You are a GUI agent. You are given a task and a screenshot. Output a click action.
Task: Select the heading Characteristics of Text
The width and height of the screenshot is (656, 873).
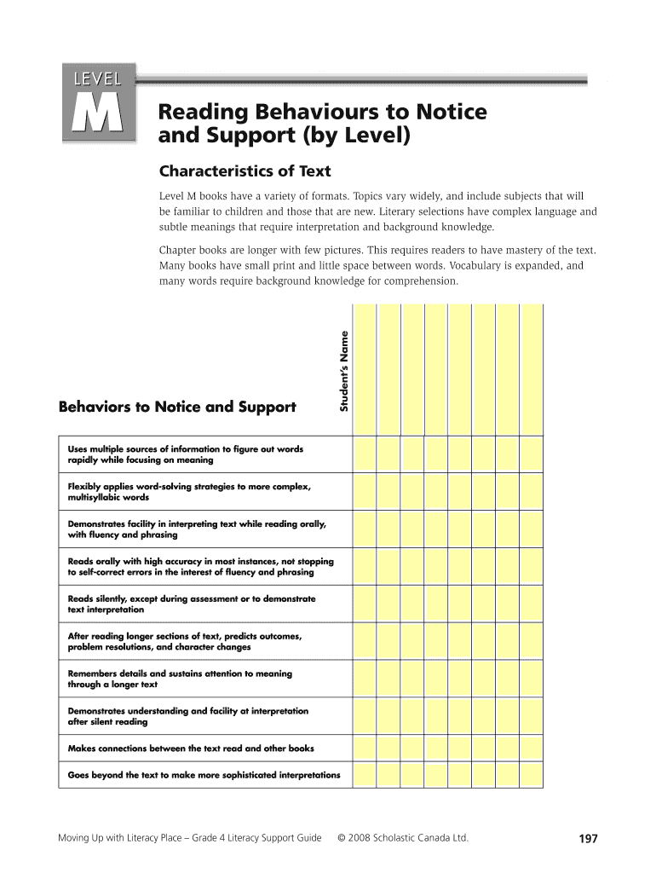[245, 171]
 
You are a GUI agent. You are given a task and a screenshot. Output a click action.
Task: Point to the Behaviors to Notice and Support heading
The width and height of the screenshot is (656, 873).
[177, 407]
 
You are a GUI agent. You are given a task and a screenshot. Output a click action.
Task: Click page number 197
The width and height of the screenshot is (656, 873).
[588, 839]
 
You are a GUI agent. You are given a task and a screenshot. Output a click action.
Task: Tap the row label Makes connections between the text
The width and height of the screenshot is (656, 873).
[191, 748]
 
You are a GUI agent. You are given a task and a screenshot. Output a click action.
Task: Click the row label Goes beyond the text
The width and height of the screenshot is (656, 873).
[204, 775]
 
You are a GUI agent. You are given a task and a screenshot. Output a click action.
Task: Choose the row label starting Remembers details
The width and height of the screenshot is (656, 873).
[180, 679]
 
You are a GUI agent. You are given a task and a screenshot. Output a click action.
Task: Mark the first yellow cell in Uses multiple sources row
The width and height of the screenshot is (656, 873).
[365, 454]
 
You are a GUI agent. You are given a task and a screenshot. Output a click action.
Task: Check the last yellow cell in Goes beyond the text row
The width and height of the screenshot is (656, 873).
[532, 775]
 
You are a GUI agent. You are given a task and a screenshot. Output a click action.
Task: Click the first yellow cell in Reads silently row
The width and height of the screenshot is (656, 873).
[365, 604]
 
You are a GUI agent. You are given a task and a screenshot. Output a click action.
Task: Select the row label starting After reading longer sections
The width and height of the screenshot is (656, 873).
[184, 641]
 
